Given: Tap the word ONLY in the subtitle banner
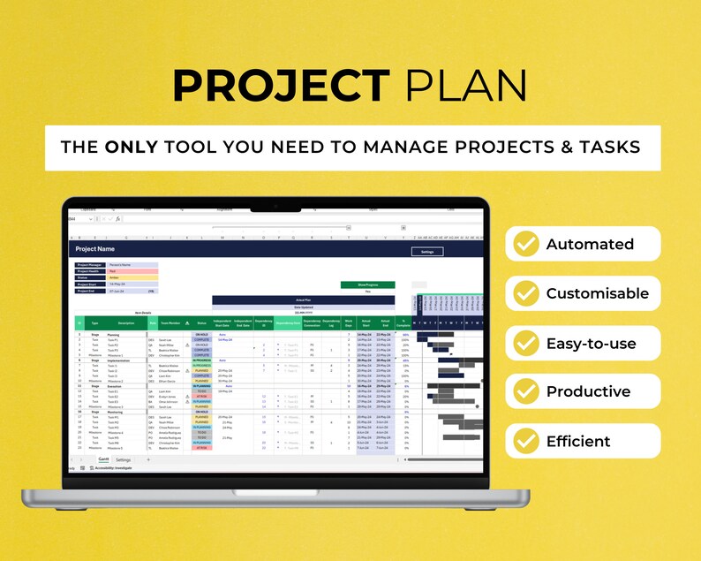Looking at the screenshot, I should [132, 147].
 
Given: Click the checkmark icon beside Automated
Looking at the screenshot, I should [526, 244].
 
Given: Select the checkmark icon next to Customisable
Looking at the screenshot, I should [526, 293].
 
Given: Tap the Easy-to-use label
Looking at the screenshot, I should [590, 343].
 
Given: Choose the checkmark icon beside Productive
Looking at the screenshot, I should [526, 391].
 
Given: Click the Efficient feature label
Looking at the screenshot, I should [577, 441].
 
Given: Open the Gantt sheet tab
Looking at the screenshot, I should [103, 459].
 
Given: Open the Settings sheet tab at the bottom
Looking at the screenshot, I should [123, 459].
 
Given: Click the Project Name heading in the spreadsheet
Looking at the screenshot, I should [94, 250].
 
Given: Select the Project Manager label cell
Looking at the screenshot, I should [90, 265].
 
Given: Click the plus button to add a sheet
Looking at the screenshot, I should [147, 459].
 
